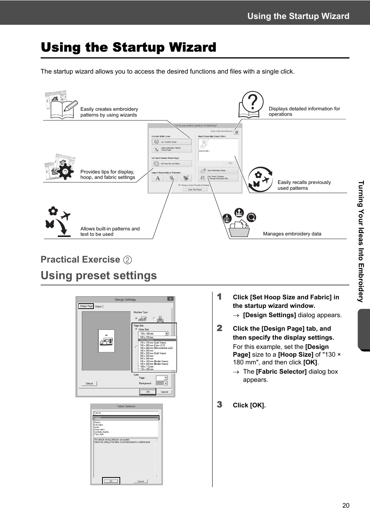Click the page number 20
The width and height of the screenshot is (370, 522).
pos(346,505)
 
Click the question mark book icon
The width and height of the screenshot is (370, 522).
pos(251,105)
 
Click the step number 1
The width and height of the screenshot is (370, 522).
pos(220,297)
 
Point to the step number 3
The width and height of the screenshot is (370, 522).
pos(220,404)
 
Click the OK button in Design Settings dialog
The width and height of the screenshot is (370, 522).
pos(148,391)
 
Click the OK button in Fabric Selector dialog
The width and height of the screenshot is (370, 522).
pos(111,481)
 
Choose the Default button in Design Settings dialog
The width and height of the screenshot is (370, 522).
pos(89,383)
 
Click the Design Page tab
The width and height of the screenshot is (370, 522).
pos(86,306)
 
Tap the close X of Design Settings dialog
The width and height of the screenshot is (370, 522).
pos(170,299)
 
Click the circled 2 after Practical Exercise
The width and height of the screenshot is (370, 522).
pos(127,260)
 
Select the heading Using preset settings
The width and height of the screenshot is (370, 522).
pos(99,275)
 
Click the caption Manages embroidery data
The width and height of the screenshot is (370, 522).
pos(292,234)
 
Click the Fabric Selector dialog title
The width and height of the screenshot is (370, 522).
pos(126,406)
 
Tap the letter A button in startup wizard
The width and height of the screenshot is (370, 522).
pos(157,178)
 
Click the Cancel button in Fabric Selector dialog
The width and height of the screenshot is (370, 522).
pos(140,481)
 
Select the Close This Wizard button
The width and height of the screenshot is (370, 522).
pos(195,190)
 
